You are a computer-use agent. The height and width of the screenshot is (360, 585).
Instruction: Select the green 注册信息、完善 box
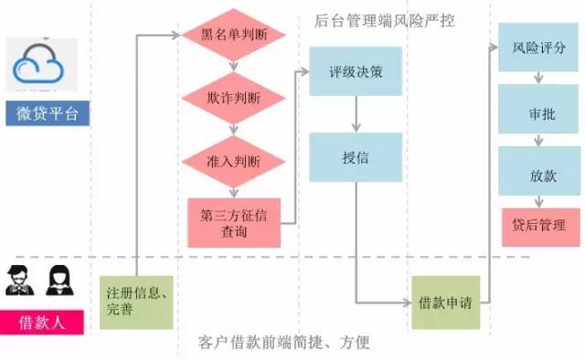(x=135, y=301)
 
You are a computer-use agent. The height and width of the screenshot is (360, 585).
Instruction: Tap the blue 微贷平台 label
(x=47, y=114)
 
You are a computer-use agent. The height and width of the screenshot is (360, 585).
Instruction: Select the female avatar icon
(x=58, y=280)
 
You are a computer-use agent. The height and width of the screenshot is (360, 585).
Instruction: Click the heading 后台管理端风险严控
(x=384, y=20)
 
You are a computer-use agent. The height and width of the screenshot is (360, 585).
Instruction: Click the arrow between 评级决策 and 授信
(x=354, y=113)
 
